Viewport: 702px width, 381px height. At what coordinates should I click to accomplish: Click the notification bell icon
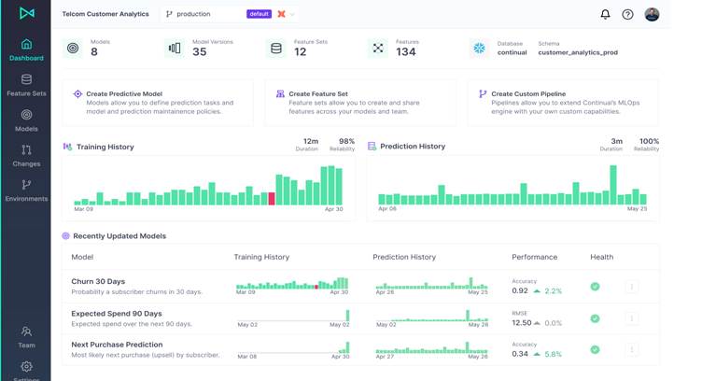coord(605,15)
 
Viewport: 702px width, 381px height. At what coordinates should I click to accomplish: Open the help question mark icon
coord(628,15)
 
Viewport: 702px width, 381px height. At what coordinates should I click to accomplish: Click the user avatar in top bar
coord(652,14)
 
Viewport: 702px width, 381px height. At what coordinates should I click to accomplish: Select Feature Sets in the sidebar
coord(26,86)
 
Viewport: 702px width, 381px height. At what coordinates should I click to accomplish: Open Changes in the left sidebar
coord(26,155)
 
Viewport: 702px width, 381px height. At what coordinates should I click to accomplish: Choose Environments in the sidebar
coord(26,190)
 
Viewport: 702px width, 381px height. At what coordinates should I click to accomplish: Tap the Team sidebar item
coord(26,337)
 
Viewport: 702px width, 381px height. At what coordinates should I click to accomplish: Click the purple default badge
coord(259,14)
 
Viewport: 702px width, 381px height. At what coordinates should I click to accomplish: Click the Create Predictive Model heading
coord(123,93)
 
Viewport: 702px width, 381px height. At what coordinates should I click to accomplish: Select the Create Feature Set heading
coord(317,93)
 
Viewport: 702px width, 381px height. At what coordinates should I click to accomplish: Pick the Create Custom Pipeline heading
coord(529,93)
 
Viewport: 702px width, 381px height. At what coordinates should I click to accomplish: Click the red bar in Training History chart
coord(272,199)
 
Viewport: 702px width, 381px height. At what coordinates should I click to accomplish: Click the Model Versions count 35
coord(199,52)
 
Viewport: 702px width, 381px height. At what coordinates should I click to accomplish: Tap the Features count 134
coord(405,52)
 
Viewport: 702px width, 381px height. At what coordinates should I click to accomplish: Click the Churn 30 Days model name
coord(98,281)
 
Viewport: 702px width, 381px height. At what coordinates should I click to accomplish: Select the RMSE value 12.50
coord(521,323)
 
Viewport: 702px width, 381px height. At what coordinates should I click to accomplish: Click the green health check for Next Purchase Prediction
coord(595,349)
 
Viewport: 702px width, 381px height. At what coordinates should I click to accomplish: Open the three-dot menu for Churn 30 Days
coord(631,287)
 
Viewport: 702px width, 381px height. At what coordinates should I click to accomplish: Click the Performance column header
coord(534,257)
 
